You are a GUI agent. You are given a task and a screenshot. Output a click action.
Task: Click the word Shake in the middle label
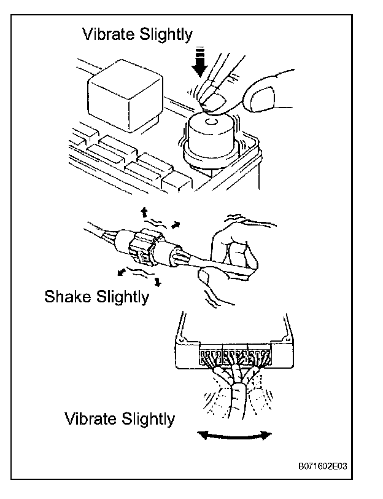tap(68, 297)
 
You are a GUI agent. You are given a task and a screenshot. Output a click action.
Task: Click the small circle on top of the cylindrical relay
tap(212, 122)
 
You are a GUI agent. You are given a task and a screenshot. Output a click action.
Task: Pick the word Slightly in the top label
tap(162, 34)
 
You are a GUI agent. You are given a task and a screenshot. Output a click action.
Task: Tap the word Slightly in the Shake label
tap(121, 297)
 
